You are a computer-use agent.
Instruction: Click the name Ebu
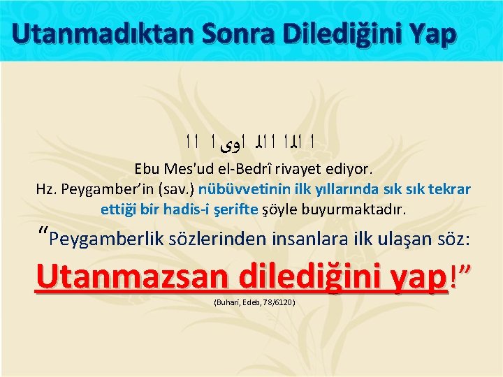tap(147, 169)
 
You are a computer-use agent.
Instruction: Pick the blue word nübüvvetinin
tap(235, 189)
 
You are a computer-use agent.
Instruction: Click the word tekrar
tap(451, 189)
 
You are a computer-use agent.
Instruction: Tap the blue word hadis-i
tap(184, 209)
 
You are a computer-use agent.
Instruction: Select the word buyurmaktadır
tap(360, 209)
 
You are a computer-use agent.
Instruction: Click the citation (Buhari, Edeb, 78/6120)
tap(252, 303)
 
